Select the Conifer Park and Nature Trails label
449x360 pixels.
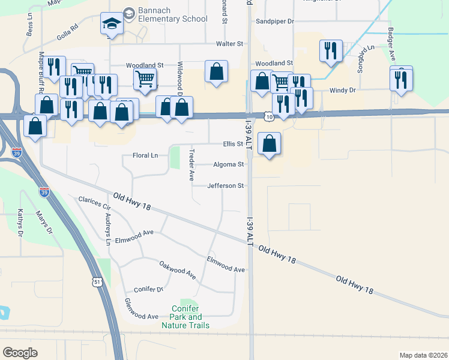click(x=185, y=317)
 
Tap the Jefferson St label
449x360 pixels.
click(x=225, y=186)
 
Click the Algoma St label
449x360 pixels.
click(x=229, y=164)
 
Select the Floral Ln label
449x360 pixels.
click(x=145, y=156)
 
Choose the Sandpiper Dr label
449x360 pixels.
click(x=274, y=21)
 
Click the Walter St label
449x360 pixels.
click(x=229, y=44)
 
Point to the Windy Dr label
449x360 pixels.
click(x=343, y=90)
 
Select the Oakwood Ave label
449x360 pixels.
click(x=177, y=269)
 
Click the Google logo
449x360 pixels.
click(x=20, y=353)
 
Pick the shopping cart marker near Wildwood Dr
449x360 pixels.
click(x=144, y=79)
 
